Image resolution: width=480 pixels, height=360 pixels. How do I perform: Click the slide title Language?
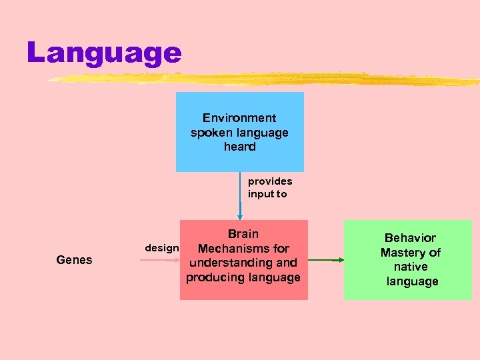point(104,53)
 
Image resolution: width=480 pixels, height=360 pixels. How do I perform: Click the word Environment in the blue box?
point(239,118)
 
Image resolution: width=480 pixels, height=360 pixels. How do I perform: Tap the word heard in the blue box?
point(240,146)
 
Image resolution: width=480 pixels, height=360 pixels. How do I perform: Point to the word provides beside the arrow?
point(270,181)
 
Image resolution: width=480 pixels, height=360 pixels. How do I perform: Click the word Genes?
point(75,260)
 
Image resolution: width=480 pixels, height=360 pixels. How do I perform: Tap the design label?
point(161,248)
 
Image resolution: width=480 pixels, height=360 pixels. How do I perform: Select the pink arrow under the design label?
point(161,260)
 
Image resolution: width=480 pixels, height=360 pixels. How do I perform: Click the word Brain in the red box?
point(243,234)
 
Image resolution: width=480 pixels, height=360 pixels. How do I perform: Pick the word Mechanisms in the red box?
point(234,249)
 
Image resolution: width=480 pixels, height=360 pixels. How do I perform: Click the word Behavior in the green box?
point(411,238)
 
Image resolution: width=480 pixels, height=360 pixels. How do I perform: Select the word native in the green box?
point(411,267)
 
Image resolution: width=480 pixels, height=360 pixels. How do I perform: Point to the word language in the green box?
point(412,281)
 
